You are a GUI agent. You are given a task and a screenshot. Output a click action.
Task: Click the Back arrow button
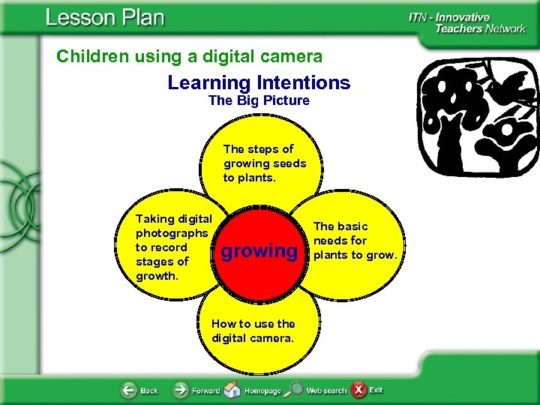(130, 391)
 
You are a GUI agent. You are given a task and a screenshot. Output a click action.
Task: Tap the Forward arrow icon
(181, 391)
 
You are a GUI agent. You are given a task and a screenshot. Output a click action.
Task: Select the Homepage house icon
(233, 391)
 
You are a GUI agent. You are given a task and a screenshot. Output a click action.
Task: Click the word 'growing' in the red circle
(259, 250)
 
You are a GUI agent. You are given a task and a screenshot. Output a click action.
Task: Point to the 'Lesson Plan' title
(104, 18)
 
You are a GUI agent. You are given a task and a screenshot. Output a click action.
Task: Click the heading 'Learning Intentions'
(259, 82)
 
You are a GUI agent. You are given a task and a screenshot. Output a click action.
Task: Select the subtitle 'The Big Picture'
(259, 100)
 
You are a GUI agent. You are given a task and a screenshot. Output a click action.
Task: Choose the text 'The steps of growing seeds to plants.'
(265, 163)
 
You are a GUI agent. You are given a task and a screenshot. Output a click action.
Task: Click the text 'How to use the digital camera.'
(253, 331)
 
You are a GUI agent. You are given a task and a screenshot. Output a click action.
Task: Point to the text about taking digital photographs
(174, 247)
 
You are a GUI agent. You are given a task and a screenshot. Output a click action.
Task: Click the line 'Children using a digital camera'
(190, 56)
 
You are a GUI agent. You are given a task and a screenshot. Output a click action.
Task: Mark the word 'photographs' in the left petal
(172, 233)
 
